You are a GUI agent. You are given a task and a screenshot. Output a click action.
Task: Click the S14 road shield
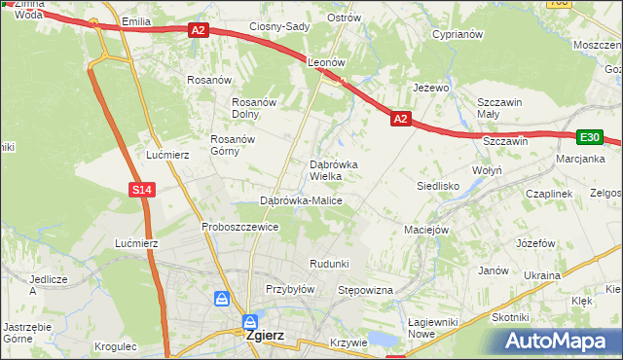click(141, 190)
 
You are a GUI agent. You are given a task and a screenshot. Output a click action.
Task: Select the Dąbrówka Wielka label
click(333, 170)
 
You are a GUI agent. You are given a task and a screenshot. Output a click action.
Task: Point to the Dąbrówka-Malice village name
click(300, 200)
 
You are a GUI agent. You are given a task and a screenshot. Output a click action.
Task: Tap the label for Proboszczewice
click(239, 227)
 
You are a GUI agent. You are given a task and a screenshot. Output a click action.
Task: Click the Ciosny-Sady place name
click(279, 26)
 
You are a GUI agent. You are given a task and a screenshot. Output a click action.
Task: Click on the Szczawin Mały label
click(499, 107)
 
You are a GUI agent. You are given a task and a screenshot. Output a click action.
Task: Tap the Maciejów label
click(425, 231)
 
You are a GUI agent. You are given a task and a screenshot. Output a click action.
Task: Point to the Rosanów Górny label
click(233, 145)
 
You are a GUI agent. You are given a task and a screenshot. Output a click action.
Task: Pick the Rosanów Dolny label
click(254, 108)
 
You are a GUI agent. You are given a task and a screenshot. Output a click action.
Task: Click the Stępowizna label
click(364, 290)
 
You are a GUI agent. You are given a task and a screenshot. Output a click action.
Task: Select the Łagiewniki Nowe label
click(434, 328)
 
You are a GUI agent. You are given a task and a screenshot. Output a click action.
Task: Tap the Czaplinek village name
click(548, 194)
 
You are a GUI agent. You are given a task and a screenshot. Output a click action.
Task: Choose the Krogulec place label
click(117, 345)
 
